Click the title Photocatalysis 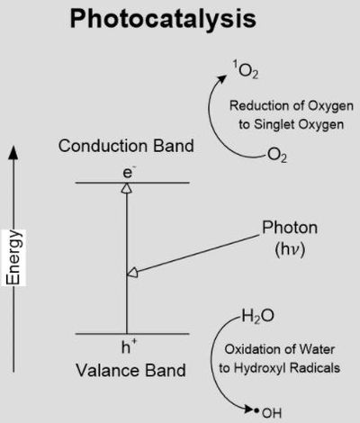(163, 20)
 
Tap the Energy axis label (13, 257)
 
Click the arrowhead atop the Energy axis (13, 152)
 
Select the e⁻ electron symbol (128, 173)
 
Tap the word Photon (290, 228)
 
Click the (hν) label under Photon (290, 249)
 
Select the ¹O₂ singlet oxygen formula (246, 69)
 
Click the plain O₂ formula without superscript (276, 155)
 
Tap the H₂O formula (257, 316)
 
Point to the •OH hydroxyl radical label (268, 413)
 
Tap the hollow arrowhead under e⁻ (127, 188)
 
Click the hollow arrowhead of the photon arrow (132, 272)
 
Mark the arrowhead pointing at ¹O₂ (221, 78)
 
